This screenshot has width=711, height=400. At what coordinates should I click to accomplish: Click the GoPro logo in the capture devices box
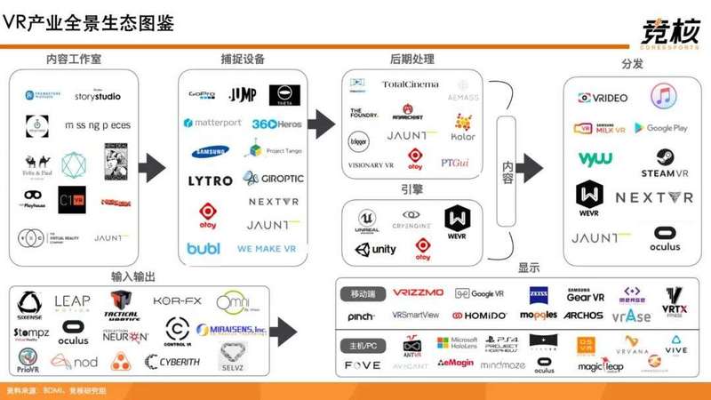(x=201, y=94)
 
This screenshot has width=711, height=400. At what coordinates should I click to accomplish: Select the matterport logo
(x=212, y=123)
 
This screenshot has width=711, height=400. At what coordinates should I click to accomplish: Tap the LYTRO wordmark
(x=210, y=180)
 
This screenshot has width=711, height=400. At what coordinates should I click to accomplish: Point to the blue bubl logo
(x=204, y=248)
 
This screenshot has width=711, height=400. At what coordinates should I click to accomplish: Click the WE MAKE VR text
(x=267, y=249)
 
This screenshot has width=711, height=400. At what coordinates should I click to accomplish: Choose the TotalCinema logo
(x=410, y=84)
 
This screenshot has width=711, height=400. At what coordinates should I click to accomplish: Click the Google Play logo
(x=660, y=128)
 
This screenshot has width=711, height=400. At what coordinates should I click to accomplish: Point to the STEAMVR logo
(x=664, y=163)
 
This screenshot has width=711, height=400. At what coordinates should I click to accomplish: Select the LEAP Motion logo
(x=72, y=303)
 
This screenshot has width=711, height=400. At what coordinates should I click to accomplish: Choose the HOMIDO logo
(x=479, y=316)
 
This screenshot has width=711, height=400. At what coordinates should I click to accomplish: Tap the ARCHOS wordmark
(x=583, y=316)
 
